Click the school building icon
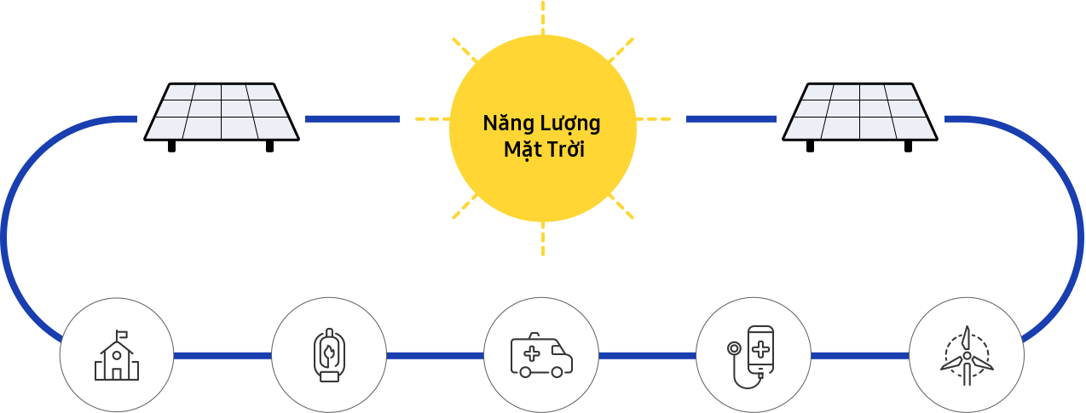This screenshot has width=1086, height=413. [116, 355]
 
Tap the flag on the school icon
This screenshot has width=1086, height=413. [122, 334]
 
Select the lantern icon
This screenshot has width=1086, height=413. [329, 355]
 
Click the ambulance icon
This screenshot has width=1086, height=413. [541, 355]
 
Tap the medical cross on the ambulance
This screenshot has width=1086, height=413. [532, 353]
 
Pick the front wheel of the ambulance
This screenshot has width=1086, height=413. [557, 372]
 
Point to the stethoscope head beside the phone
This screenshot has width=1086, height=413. [734, 348]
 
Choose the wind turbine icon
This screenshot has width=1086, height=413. [967, 356]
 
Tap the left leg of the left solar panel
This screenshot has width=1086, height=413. [171, 146]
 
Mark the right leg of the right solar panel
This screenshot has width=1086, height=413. [908, 146]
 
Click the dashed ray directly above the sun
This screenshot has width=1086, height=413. [542, 18]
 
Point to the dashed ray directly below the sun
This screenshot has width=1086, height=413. [542, 238]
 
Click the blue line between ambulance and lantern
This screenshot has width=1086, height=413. [435, 356]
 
